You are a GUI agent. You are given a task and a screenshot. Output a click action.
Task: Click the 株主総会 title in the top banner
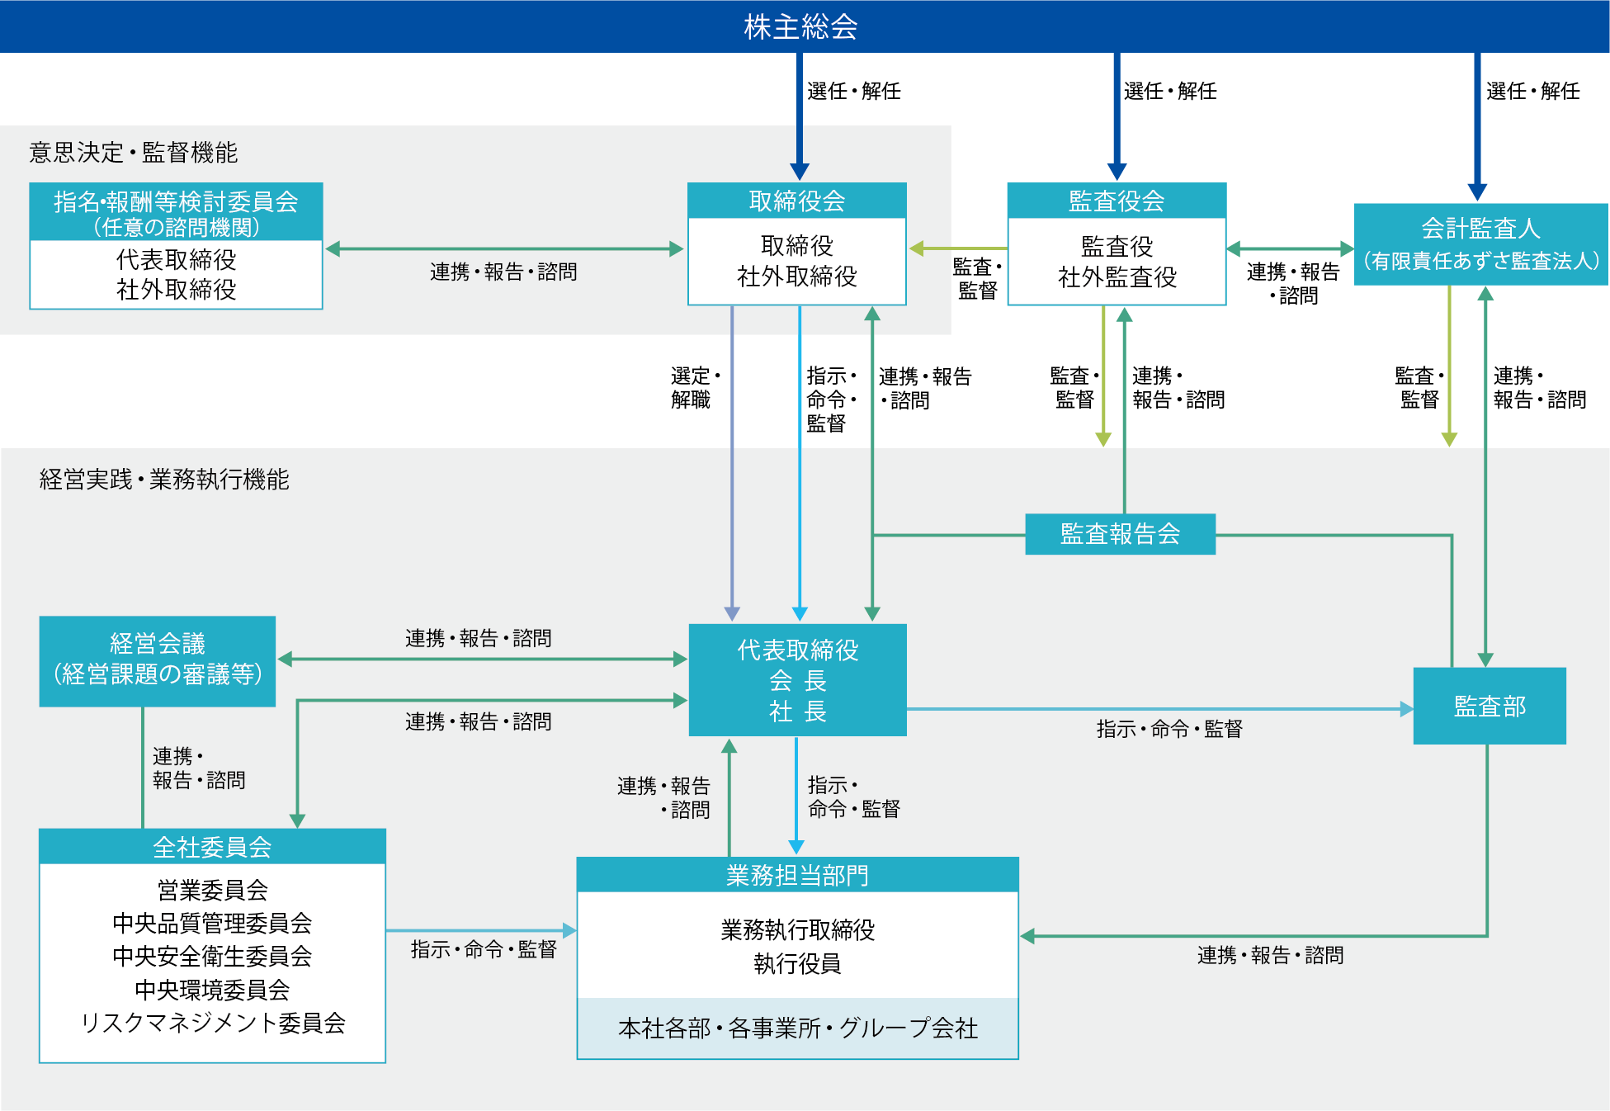(x=800, y=26)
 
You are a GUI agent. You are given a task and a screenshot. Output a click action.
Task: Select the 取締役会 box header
(x=796, y=201)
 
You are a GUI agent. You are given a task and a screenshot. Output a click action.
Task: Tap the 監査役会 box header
(x=1116, y=201)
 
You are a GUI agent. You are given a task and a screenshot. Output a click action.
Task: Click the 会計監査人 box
(x=1480, y=243)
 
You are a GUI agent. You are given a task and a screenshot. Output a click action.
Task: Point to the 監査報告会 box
(x=1120, y=534)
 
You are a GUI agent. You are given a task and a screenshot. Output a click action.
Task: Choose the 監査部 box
(x=1489, y=706)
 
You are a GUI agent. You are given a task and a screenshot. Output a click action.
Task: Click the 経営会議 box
(x=157, y=660)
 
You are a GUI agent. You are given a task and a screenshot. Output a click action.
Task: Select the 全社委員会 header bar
(x=212, y=847)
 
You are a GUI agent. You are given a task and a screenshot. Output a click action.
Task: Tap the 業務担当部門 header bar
(x=797, y=875)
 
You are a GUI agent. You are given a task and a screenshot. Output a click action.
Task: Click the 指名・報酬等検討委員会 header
(x=176, y=212)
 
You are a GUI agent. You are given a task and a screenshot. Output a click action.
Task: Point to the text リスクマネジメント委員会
(x=212, y=1023)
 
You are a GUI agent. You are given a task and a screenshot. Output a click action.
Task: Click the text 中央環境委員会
(x=212, y=989)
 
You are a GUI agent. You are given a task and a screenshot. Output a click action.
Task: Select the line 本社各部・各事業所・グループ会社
(x=797, y=1028)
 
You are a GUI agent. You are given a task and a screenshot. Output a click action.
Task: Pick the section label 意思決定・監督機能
(x=133, y=152)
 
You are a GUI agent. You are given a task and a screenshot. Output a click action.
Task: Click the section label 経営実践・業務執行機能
(x=163, y=479)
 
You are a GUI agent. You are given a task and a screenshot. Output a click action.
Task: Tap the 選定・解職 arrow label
(x=694, y=387)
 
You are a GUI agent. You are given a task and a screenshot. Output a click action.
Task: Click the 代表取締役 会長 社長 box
(x=797, y=680)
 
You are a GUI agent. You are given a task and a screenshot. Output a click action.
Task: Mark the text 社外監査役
(x=1117, y=277)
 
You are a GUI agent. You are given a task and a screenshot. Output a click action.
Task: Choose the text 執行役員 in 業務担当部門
(x=797, y=963)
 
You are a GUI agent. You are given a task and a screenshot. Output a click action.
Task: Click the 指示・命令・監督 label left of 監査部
(x=1169, y=729)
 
